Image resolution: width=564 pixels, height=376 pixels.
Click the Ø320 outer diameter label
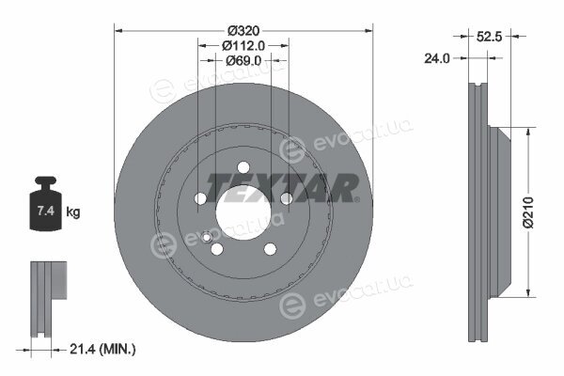coord(243,31)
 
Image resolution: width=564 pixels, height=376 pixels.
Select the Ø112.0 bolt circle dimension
coord(243,46)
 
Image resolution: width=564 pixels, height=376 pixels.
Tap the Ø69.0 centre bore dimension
coord(243,60)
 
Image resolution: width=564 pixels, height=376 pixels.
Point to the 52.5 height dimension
coord(489,36)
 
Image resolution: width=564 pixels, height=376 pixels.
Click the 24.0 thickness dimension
coord(437,58)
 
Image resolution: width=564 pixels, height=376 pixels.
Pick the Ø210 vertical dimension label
coord(528,212)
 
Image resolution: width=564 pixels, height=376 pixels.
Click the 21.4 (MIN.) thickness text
coord(102,349)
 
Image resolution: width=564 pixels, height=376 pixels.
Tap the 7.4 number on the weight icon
coord(46,211)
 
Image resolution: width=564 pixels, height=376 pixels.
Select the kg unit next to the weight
coord(73,211)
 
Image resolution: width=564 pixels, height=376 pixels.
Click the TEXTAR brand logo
coord(282,187)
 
